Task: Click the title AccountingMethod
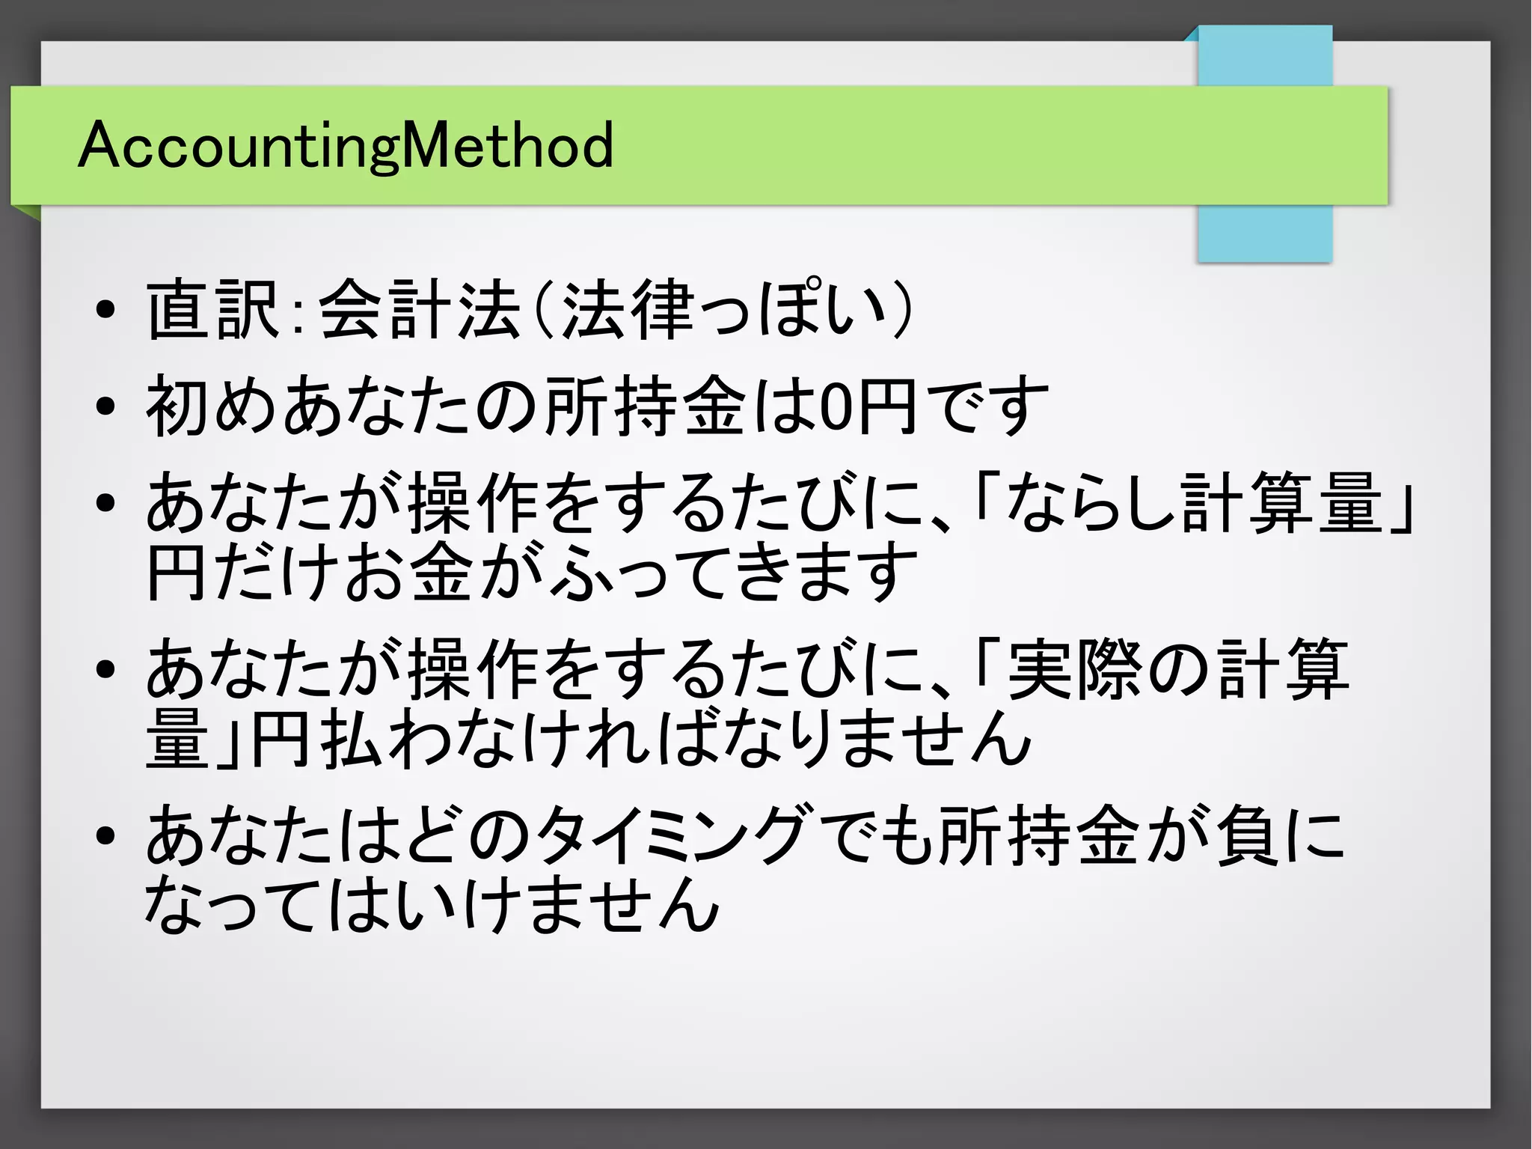(x=346, y=145)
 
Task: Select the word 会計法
(x=419, y=309)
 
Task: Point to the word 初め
(x=212, y=407)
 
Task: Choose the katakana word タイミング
(x=673, y=835)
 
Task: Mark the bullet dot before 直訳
(x=105, y=310)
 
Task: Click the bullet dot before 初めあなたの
(x=105, y=407)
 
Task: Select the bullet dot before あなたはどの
(x=105, y=835)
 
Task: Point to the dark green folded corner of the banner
(x=25, y=212)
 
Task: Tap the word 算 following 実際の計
(x=1317, y=669)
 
